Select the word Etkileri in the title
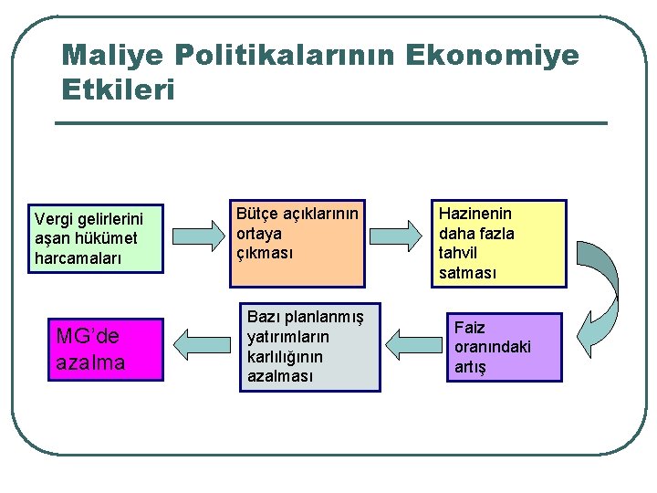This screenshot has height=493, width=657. [117, 90]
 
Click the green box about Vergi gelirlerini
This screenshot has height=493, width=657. [96, 238]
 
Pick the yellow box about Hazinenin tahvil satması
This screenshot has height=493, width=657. [498, 244]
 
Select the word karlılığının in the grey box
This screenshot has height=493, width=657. [285, 356]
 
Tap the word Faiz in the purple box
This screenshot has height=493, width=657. [470, 327]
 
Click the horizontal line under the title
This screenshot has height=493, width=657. [331, 123]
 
